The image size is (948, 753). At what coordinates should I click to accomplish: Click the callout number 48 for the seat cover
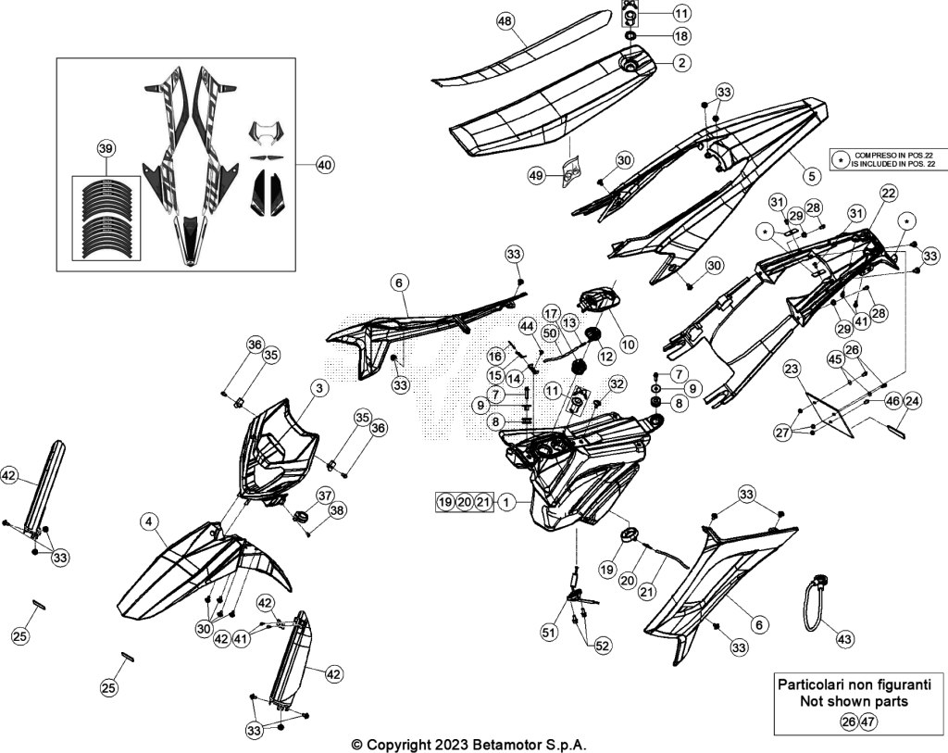pyautogui.click(x=505, y=21)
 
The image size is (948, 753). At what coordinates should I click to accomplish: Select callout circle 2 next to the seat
pyautogui.click(x=681, y=62)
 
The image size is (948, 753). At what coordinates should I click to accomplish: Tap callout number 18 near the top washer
pyautogui.click(x=681, y=36)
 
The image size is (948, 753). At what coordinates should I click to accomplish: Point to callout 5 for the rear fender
pyautogui.click(x=811, y=175)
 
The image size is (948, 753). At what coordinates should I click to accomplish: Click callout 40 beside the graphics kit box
pyautogui.click(x=325, y=165)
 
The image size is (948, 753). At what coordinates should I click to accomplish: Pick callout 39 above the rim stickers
pyautogui.click(x=106, y=149)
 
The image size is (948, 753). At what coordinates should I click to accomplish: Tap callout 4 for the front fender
pyautogui.click(x=149, y=521)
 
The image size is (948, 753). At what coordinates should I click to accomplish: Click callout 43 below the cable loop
pyautogui.click(x=844, y=638)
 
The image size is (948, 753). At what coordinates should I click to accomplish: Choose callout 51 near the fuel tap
pyautogui.click(x=548, y=632)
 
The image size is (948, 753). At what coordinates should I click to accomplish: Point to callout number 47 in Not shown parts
pyautogui.click(x=868, y=721)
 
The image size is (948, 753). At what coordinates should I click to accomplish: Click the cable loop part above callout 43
pyautogui.click(x=815, y=600)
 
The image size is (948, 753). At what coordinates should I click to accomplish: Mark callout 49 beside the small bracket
pyautogui.click(x=536, y=175)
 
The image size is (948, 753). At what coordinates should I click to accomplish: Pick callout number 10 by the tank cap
pyautogui.click(x=629, y=345)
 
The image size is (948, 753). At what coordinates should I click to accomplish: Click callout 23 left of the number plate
pyautogui.click(x=792, y=369)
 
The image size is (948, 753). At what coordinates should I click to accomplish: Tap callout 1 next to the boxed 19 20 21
pyautogui.click(x=507, y=501)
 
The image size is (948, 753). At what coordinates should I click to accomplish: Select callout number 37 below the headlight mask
pyautogui.click(x=325, y=496)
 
